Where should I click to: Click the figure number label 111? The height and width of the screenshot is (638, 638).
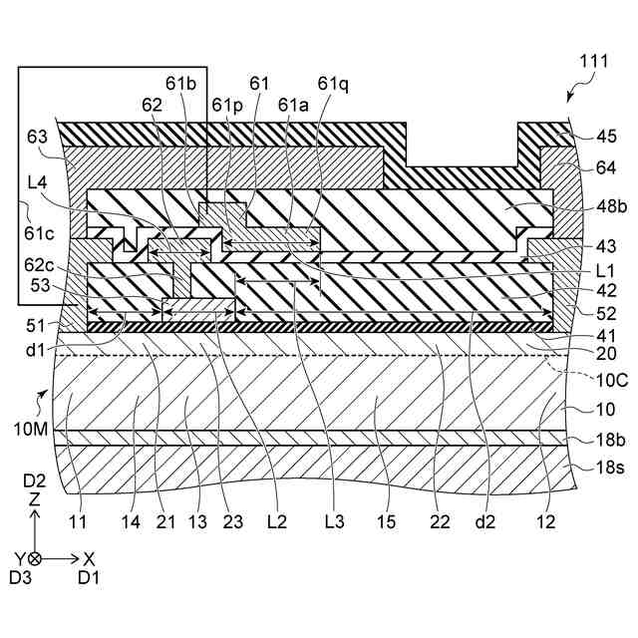tap(591, 62)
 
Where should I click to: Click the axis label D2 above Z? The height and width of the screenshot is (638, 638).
tap(35, 481)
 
